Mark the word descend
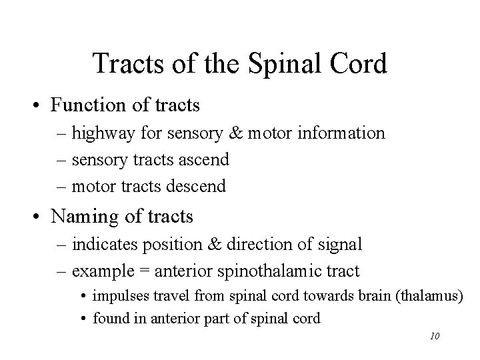pos(197,187)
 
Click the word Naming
pos(77,216)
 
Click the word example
pos(99,272)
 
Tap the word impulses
pos(118,295)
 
